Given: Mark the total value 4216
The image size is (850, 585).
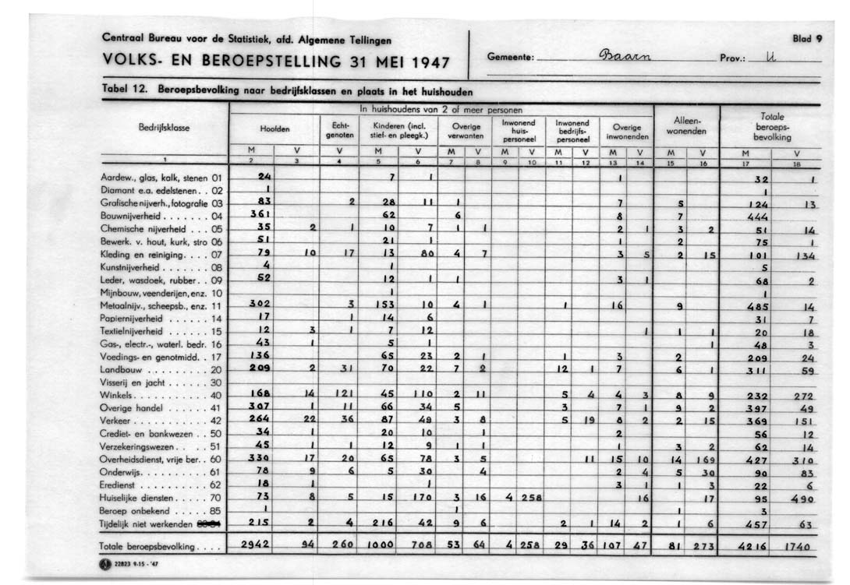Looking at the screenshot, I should click(x=757, y=547).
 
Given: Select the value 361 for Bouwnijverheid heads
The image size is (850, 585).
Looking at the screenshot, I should click(x=258, y=215).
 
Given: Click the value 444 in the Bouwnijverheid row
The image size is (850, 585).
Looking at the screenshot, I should click(x=758, y=217).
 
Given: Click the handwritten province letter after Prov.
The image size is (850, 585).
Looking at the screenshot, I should click(x=773, y=58).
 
